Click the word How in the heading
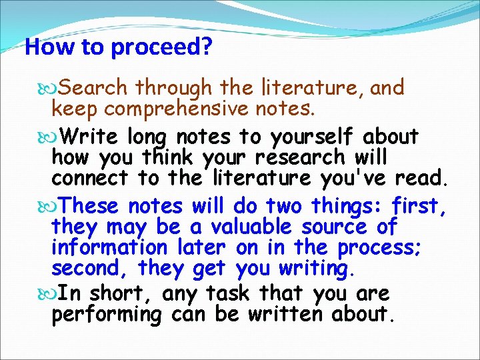coord(42,47)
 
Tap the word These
coord(92,206)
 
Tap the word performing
coord(107,314)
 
